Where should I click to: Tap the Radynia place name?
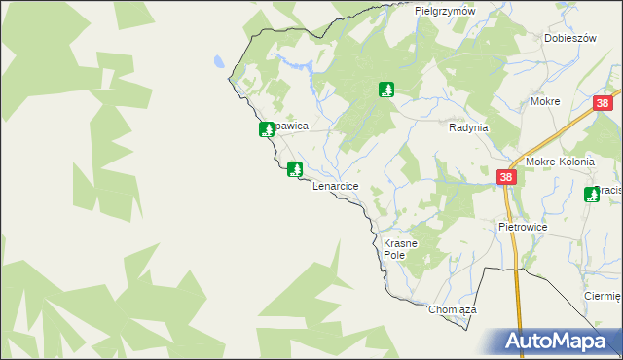[x=468, y=127]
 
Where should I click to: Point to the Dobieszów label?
[x=570, y=38]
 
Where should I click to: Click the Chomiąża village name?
[x=452, y=309]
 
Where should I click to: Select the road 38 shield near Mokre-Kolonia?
[x=506, y=177]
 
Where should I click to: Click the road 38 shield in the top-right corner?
[x=604, y=103]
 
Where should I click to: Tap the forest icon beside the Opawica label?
[x=266, y=129]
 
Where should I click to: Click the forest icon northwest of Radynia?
[x=386, y=90]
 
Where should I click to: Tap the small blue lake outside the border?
[x=219, y=60]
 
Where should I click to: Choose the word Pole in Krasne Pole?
[x=393, y=255]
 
